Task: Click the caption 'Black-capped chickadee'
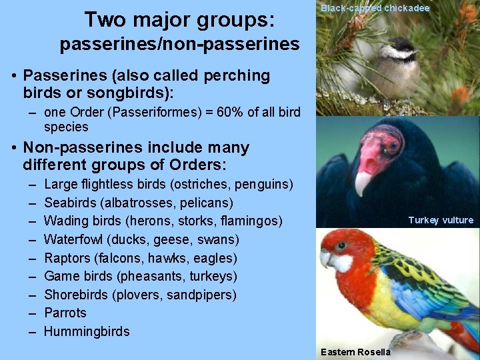375,9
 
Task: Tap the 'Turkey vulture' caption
441,220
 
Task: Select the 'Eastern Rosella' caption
356,352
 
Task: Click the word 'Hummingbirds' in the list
87,331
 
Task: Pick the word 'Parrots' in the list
65,313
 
